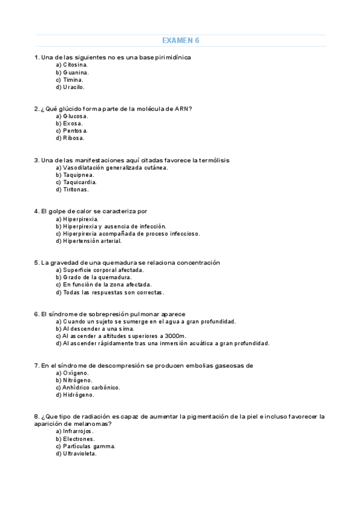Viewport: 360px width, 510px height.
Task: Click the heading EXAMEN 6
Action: (180, 40)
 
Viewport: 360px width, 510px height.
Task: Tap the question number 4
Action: (37, 212)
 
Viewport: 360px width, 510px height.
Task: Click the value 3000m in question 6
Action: (175, 336)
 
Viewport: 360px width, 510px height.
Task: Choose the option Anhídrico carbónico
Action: (88, 387)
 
